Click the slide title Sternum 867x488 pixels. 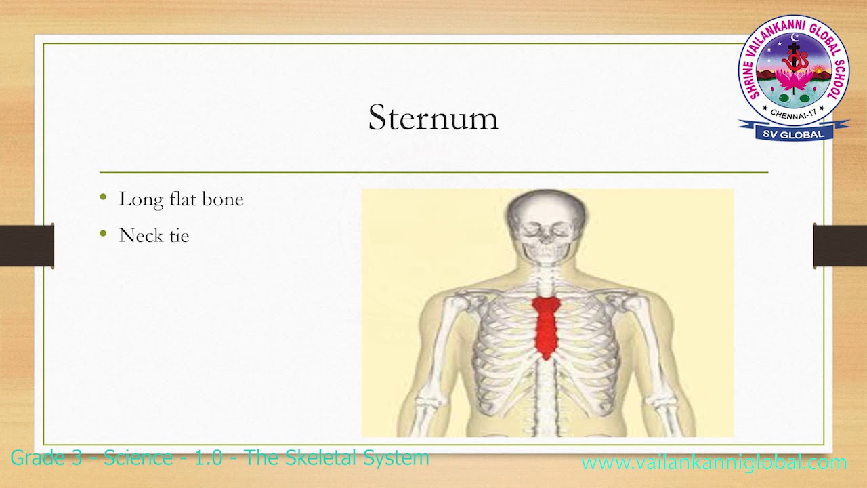pos(433,118)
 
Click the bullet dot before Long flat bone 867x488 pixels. pos(103,197)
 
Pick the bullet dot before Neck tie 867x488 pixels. pos(103,234)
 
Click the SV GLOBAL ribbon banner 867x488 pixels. pos(793,134)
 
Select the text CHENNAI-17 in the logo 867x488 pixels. pos(793,111)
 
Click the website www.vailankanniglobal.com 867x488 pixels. pos(714,463)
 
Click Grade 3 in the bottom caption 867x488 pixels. pos(47,457)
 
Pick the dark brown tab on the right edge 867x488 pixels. pos(840,245)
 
